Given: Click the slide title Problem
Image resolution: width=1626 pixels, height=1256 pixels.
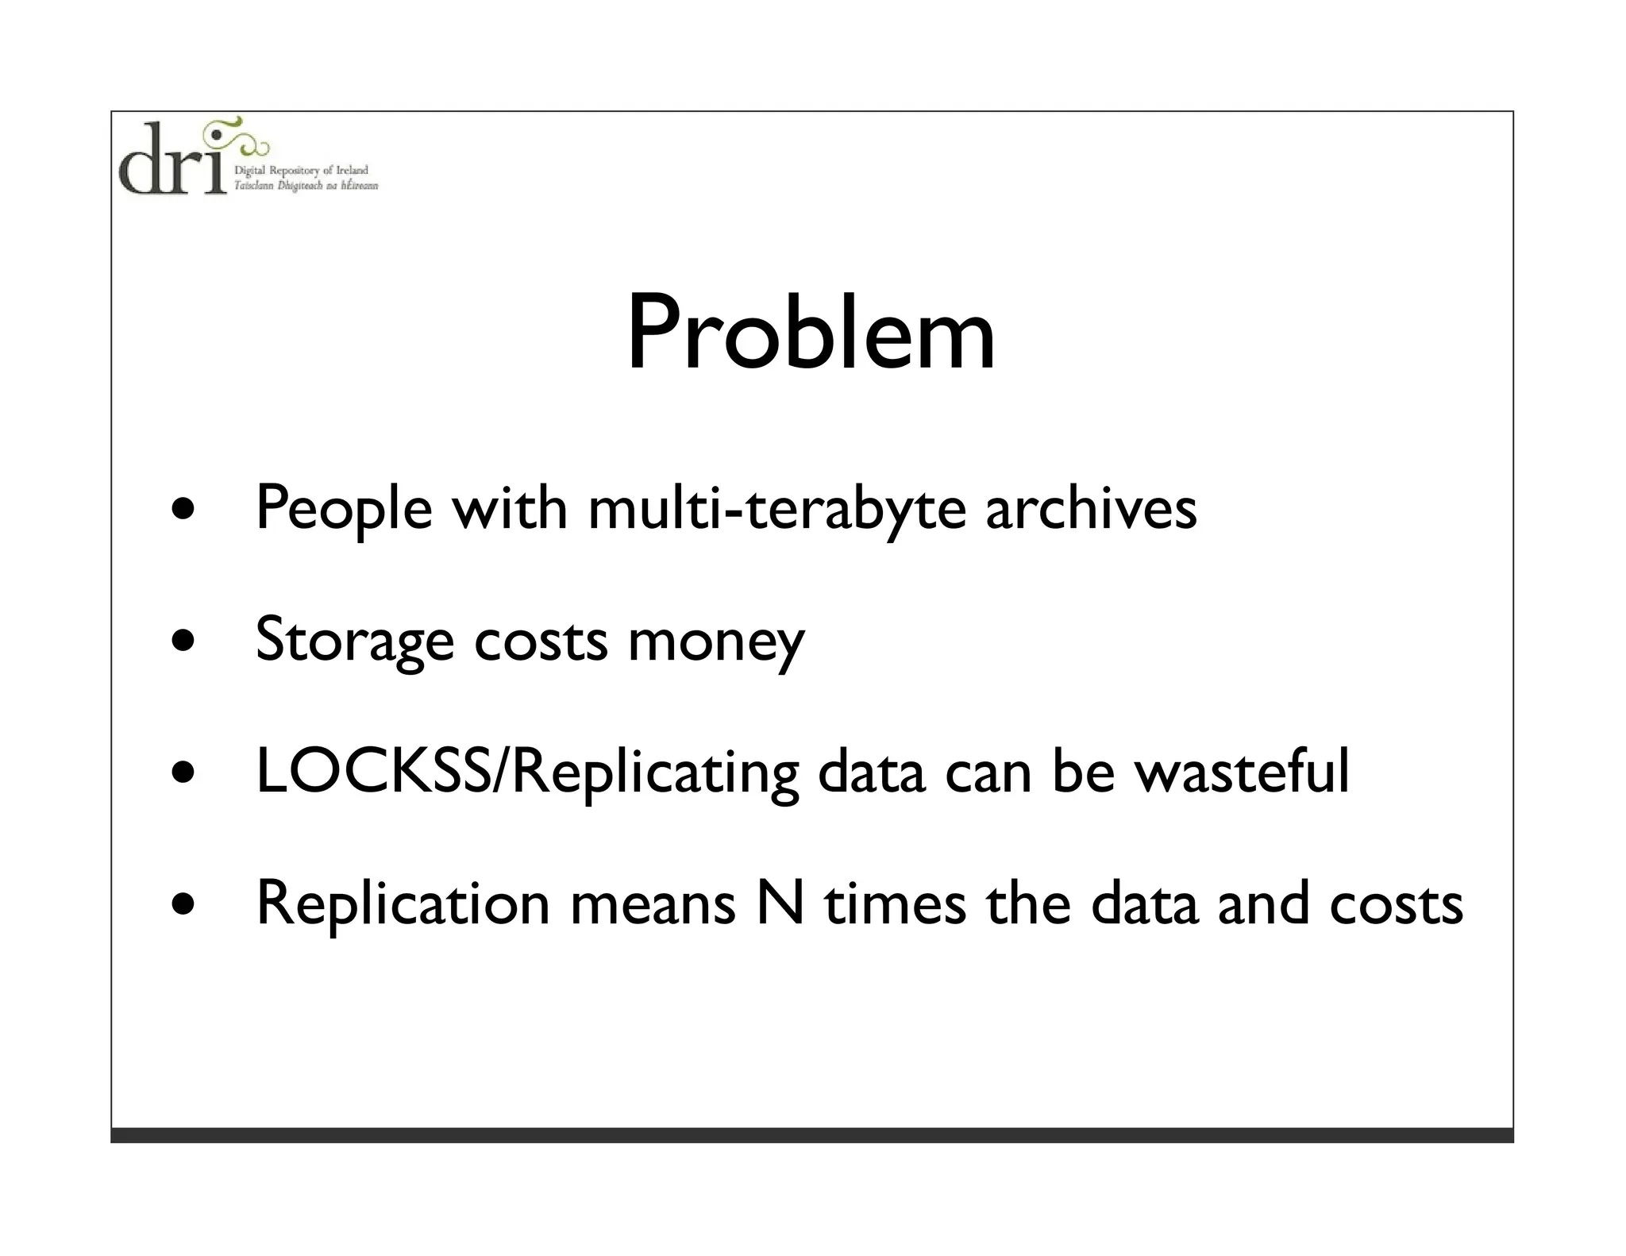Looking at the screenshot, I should click(811, 333).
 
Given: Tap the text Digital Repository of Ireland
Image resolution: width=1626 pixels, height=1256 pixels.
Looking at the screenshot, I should click(301, 171).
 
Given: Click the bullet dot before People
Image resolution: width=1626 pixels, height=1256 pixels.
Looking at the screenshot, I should click(184, 509).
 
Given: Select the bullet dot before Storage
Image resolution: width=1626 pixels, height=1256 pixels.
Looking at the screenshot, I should click(184, 640).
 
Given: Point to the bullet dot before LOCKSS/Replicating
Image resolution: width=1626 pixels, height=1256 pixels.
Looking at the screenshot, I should click(184, 772).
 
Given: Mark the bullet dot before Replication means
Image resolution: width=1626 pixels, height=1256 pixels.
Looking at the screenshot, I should click(184, 903).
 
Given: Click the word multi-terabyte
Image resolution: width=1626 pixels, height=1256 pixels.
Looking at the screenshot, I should click(776, 509).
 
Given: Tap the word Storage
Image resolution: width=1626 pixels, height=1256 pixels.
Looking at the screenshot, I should click(355, 641).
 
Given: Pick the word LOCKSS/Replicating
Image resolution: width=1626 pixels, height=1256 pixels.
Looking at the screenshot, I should click(527, 773).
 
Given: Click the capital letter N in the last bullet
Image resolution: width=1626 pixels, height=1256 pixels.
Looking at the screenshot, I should click(780, 903).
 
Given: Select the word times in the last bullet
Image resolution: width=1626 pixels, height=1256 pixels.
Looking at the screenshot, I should click(895, 903).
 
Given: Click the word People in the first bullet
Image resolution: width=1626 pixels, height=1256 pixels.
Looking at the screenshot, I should click(344, 509).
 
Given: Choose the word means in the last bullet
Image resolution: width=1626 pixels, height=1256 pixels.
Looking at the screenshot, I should click(653, 905).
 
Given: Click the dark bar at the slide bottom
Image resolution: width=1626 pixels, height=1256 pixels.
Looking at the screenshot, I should click(811, 1135).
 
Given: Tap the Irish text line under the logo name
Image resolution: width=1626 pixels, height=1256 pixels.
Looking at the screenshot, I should click(306, 186).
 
